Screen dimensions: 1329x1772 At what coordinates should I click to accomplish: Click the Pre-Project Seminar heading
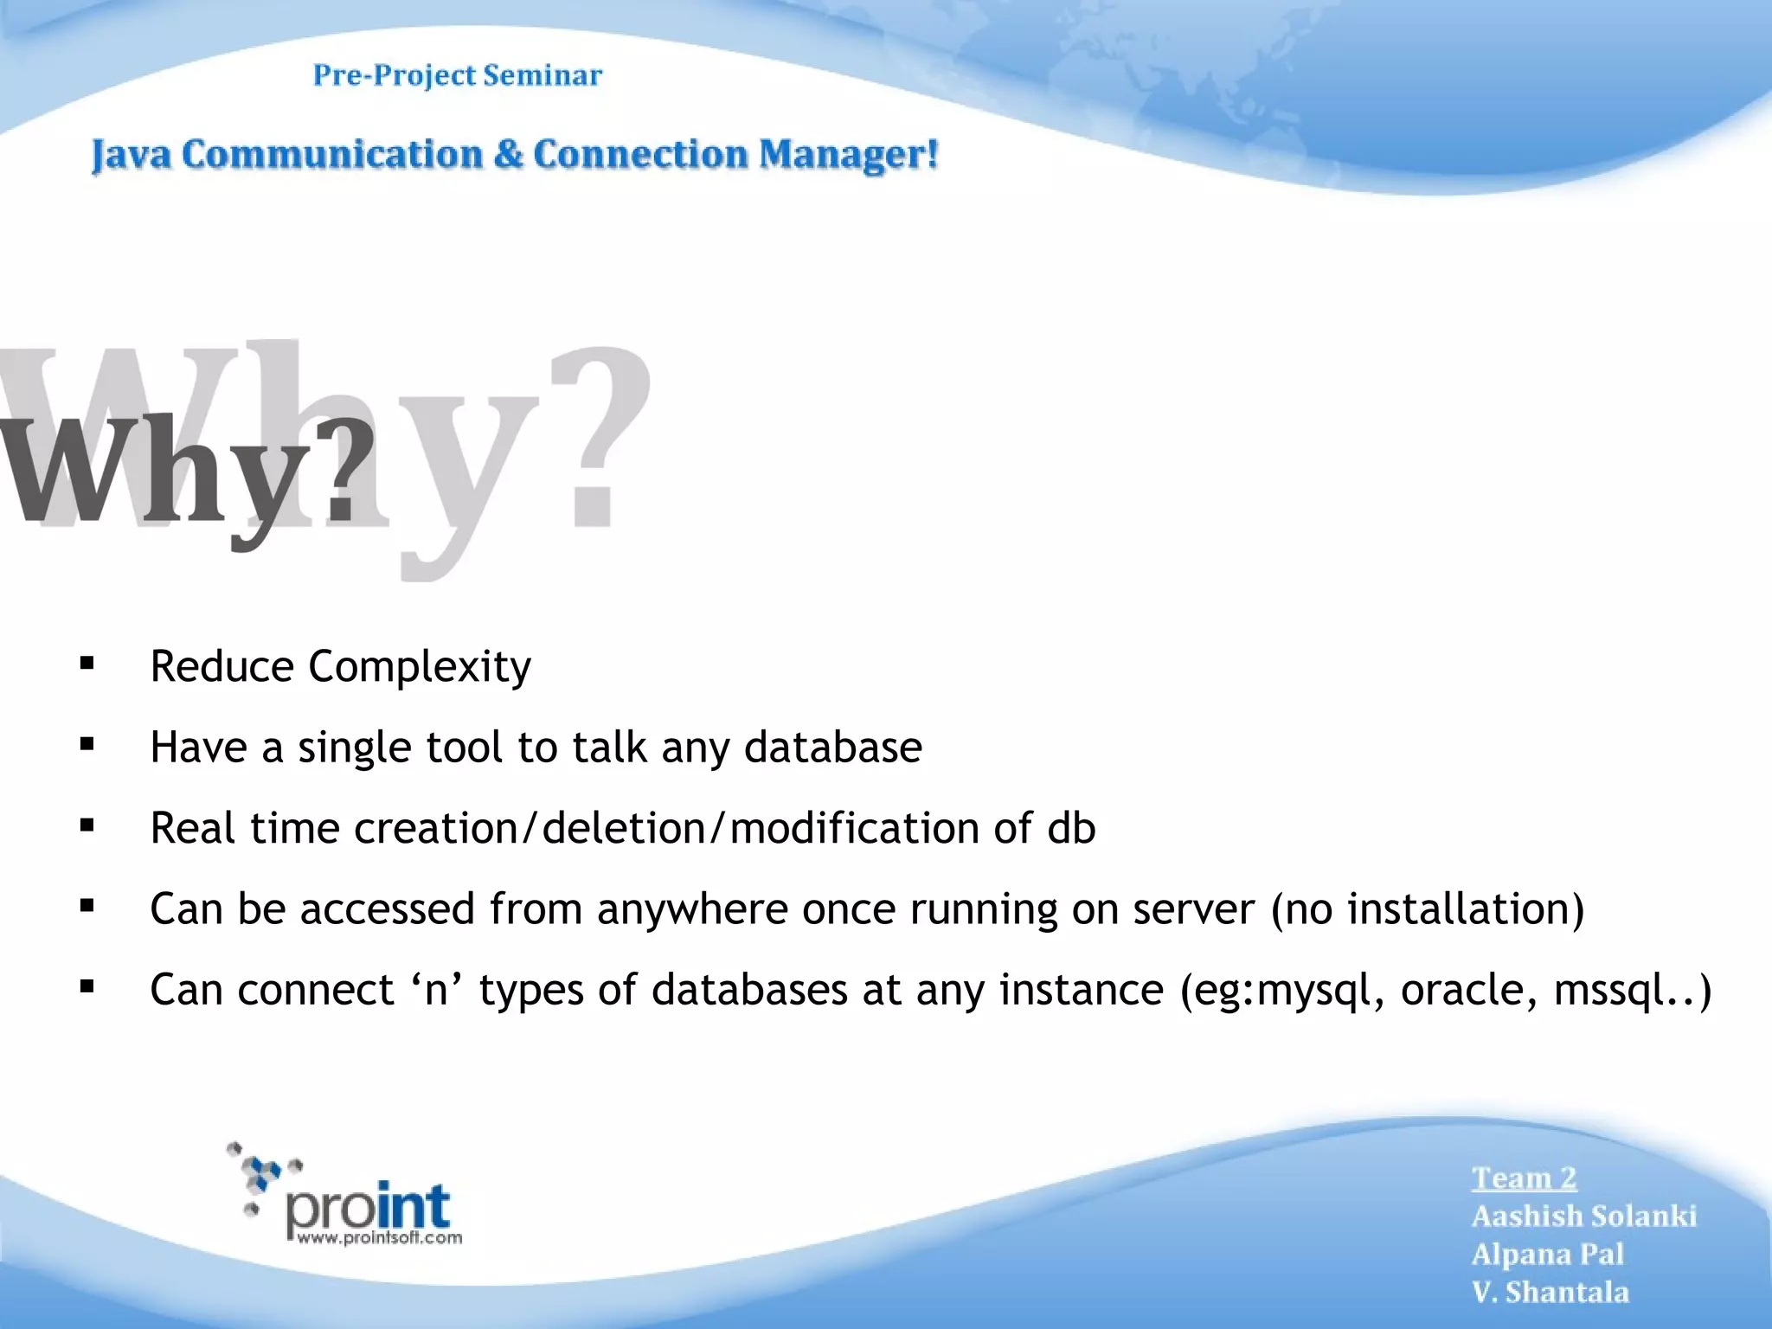(x=457, y=76)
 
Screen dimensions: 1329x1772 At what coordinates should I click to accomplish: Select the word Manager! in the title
(x=848, y=156)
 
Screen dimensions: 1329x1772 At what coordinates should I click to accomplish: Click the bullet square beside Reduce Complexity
(x=87, y=664)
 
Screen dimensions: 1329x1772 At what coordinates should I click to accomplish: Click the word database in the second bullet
(x=832, y=747)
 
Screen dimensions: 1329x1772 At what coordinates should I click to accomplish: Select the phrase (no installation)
(x=1428, y=909)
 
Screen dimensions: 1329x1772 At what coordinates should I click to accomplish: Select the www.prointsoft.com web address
(x=379, y=1238)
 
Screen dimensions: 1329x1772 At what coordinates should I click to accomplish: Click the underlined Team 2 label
(x=1525, y=1178)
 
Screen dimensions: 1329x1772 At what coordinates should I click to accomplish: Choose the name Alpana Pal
(x=1548, y=1254)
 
